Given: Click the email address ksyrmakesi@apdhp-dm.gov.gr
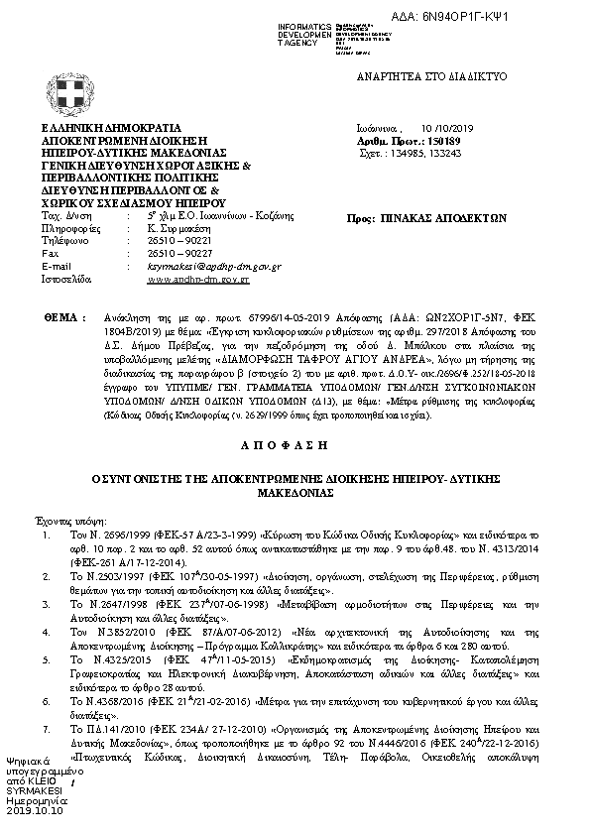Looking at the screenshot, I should point(213,267).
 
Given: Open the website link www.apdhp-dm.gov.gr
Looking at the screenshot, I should point(198,281).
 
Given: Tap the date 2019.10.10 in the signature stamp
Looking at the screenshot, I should point(35,810).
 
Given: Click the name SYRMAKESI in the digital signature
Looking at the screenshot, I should point(35,790).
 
